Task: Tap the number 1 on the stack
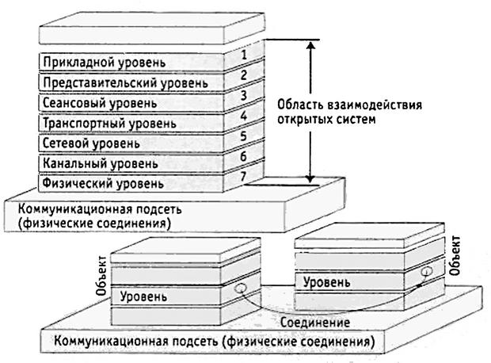(245, 55)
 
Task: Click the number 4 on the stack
(245, 116)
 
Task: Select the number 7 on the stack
(245, 176)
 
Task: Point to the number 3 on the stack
(245, 96)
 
